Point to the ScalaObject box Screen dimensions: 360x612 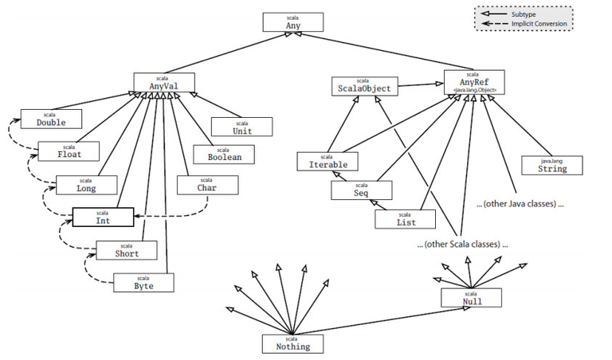point(363,86)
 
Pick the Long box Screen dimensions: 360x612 point(87,185)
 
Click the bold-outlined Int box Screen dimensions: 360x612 point(103,217)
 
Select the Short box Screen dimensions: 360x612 point(126,251)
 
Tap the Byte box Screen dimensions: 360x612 point(143,281)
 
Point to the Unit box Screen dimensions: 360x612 point(242,127)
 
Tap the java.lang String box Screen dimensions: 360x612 point(551,165)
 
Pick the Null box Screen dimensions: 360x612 point(472,298)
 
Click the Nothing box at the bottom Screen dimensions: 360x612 point(292,342)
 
